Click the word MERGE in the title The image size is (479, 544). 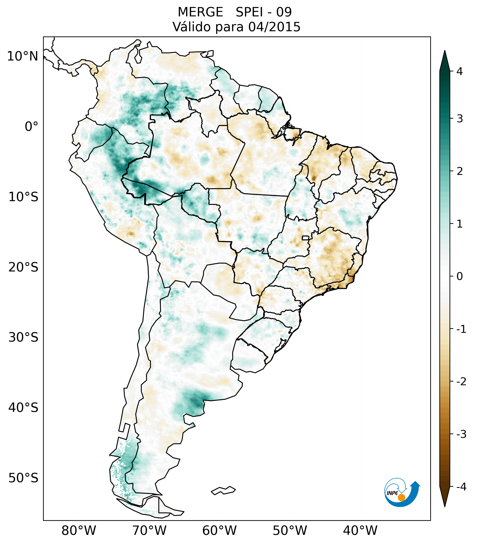[x=200, y=12]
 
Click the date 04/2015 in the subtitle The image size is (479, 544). [x=274, y=27]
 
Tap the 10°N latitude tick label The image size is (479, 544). [x=23, y=56]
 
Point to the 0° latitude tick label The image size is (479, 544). [x=31, y=127]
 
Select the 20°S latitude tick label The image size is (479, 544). [x=23, y=267]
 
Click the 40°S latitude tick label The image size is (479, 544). [x=23, y=408]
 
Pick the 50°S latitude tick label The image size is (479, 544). [x=23, y=478]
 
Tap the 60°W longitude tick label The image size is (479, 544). [x=219, y=531]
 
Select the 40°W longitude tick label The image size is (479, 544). [x=360, y=531]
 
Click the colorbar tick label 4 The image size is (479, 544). [x=460, y=71]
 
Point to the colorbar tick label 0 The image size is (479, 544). [x=460, y=276]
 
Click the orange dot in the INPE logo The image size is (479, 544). [x=401, y=497]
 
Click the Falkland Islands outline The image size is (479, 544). [x=223, y=490]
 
